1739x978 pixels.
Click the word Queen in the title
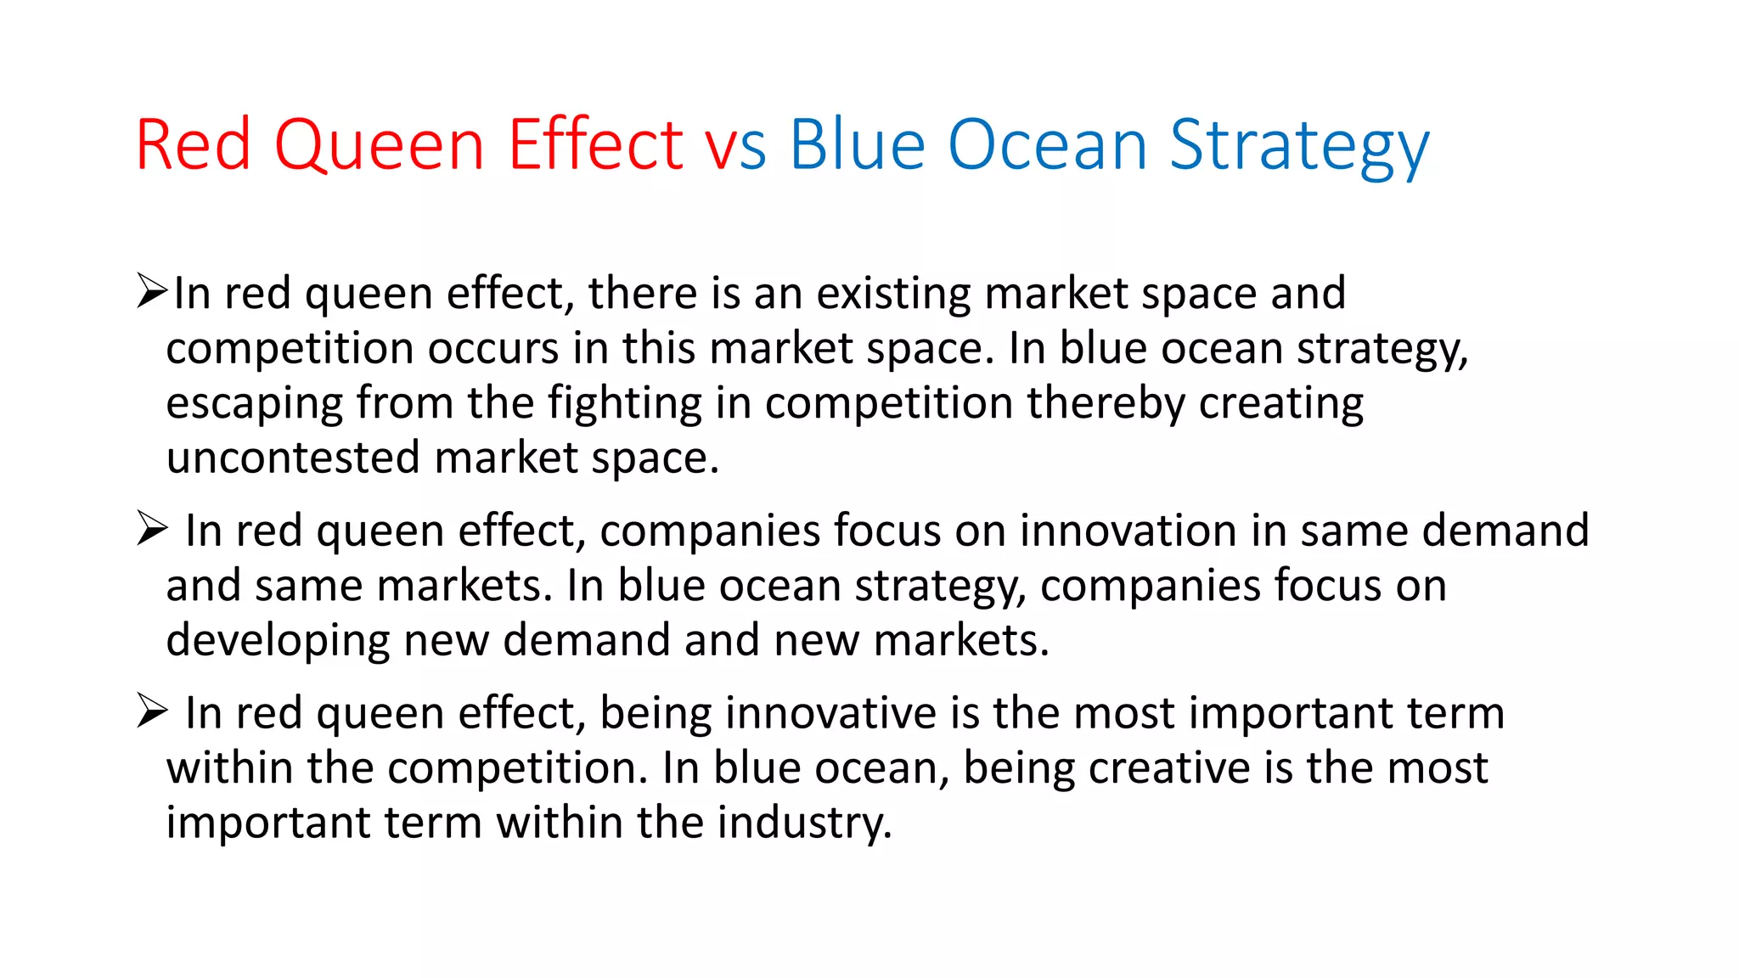pyautogui.click(x=379, y=146)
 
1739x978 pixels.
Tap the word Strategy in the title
pyautogui.click(x=1299, y=146)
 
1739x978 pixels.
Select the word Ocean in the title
pyautogui.click(x=1048, y=146)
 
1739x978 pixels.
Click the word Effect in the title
pyautogui.click(x=595, y=146)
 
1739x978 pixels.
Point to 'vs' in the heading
pyautogui.click(x=735, y=146)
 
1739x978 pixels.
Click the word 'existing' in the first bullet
pyautogui.click(x=893, y=294)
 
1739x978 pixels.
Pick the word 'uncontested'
pyautogui.click(x=293, y=458)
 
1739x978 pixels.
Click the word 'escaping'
pyautogui.click(x=254, y=404)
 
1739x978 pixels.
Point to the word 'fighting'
pyautogui.click(x=624, y=404)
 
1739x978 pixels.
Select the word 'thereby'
pyautogui.click(x=1106, y=404)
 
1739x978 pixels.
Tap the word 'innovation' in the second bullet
pyautogui.click(x=1128, y=531)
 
